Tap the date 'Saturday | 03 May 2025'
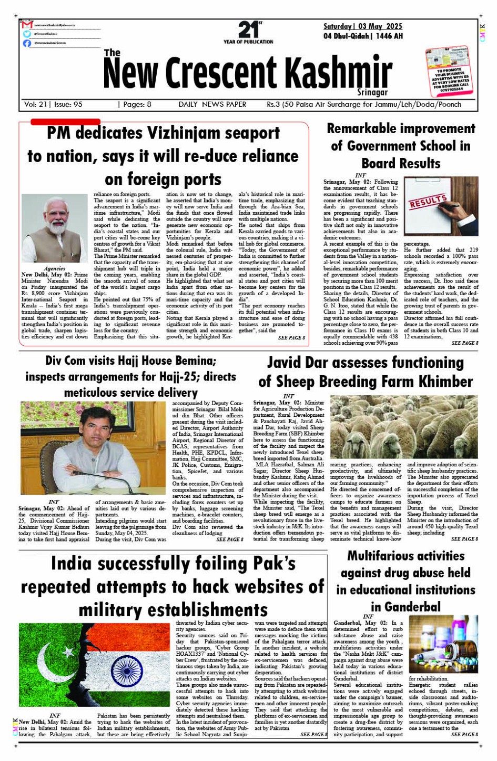click(x=362, y=26)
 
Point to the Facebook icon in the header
click(x=27, y=43)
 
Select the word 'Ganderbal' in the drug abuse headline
click(x=405, y=607)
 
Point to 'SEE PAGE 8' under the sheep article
click(x=463, y=539)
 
